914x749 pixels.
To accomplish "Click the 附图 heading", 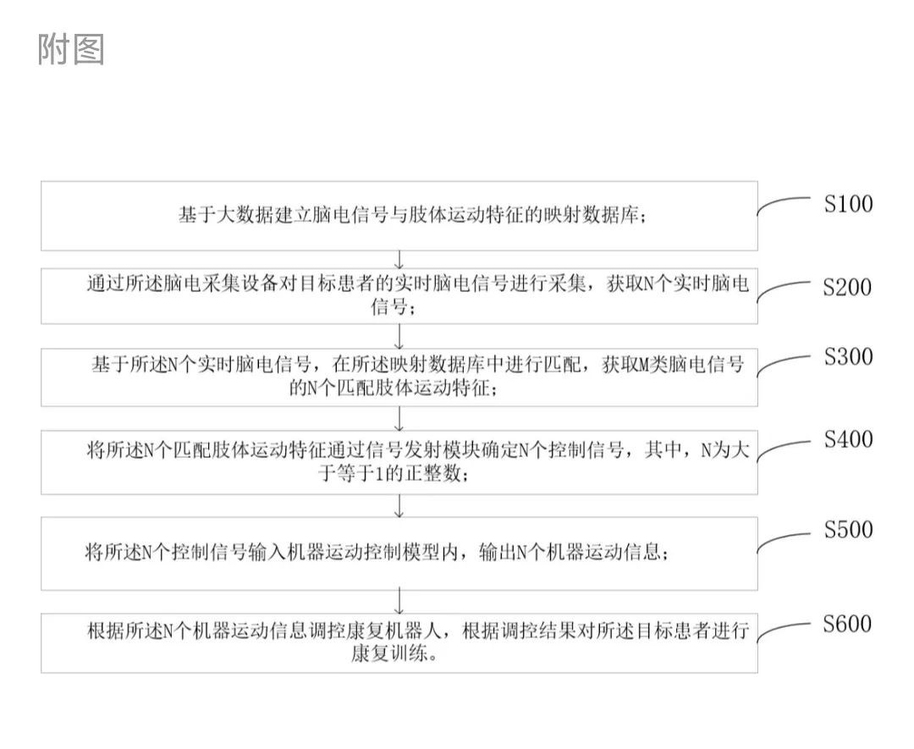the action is click(x=71, y=49).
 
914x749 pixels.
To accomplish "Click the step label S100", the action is click(x=848, y=203).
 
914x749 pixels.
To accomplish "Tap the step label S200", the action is click(x=847, y=287).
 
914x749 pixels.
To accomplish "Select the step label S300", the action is click(x=848, y=356).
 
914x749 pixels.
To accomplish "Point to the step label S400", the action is click(x=848, y=439).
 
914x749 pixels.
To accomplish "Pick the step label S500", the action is click(x=848, y=529).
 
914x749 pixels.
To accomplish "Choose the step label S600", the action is click(x=847, y=624).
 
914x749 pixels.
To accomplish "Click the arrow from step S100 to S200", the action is click(x=399, y=260).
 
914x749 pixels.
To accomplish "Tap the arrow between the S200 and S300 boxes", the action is click(x=399, y=336).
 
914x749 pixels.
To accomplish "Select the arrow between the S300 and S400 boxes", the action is click(x=399, y=418).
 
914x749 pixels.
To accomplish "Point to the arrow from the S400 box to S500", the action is click(x=399, y=506).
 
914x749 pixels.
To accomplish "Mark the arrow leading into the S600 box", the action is click(x=399, y=602).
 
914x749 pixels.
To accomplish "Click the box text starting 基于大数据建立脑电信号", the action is click(x=412, y=215).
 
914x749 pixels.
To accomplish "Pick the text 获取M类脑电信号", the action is click(x=674, y=365).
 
